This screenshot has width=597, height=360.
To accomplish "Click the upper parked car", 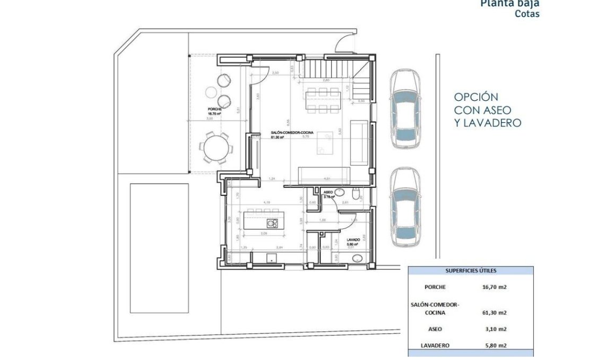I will (406, 110).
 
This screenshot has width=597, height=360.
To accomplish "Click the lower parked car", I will (406, 208).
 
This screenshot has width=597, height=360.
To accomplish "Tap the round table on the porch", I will (217, 147).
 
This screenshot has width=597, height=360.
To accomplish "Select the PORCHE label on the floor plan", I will (214, 109).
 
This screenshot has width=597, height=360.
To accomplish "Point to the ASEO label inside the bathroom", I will (328, 192).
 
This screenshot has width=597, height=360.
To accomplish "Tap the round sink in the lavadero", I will (358, 259).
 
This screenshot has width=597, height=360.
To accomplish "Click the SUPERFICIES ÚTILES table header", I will (471, 271).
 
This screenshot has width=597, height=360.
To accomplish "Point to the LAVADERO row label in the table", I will (435, 345).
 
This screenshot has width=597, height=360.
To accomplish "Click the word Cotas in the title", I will (527, 14).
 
